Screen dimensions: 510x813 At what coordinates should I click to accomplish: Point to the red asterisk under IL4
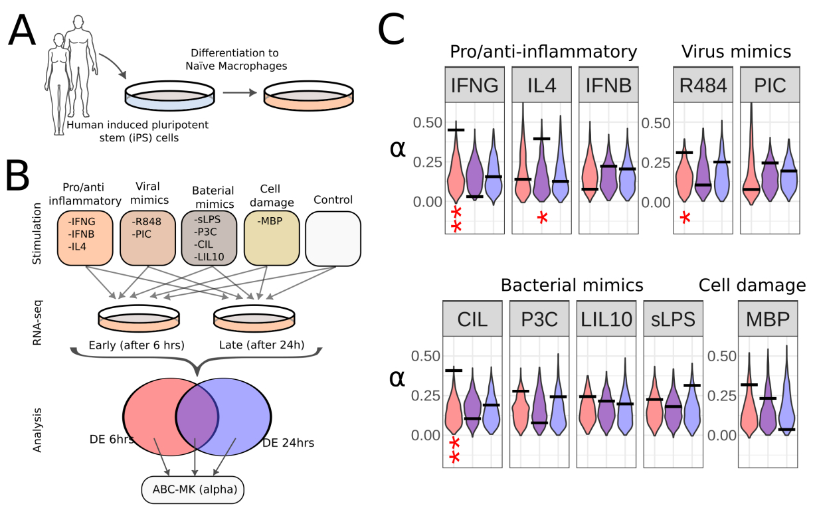543,216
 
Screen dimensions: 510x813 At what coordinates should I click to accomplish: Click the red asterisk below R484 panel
685,217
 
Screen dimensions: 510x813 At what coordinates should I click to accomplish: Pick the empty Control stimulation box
333,238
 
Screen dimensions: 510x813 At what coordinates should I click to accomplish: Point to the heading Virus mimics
736,51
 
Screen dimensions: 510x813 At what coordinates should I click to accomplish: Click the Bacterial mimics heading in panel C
572,286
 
